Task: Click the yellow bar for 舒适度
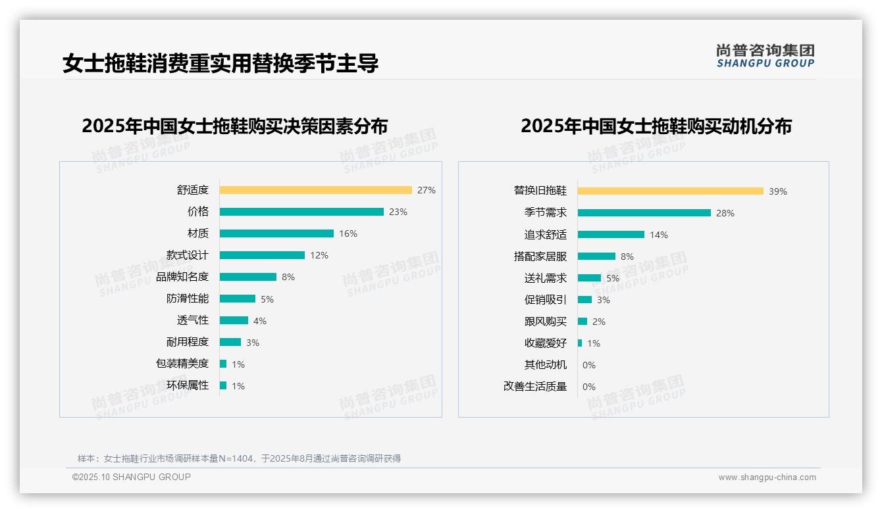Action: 315,190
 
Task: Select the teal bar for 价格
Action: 301,212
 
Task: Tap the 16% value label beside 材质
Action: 348,233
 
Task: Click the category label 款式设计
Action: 187,255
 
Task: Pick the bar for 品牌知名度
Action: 247,277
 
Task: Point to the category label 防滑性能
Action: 187,299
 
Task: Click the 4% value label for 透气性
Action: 260,321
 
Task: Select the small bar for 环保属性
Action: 223,385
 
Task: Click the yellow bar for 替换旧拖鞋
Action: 670,191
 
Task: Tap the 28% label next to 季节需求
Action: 725,213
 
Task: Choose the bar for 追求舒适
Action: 611,234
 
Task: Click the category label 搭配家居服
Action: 540,256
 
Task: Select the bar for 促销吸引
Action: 584,299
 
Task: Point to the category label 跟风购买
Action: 545,322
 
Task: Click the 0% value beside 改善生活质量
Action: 588,387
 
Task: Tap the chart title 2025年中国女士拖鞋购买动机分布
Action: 656,126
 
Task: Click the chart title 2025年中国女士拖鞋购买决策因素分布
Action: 235,126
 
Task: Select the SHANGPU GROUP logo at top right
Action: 765,56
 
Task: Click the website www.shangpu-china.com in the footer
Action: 767,477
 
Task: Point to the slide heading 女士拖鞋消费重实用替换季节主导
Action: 220,64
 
